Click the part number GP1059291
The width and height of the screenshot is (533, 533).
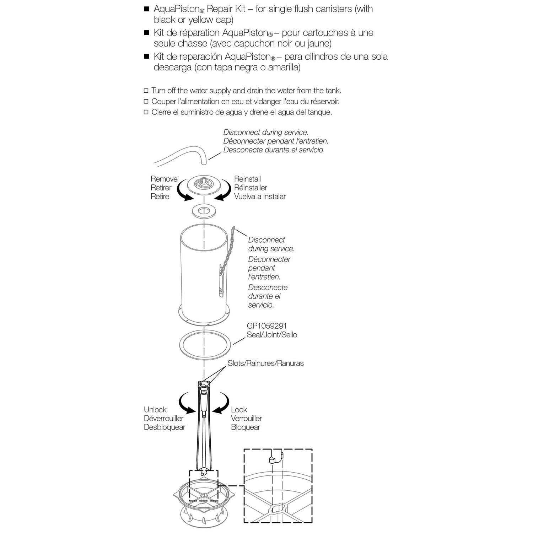(x=266, y=326)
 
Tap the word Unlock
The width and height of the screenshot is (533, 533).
(x=155, y=410)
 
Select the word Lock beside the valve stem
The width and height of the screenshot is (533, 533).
(x=239, y=410)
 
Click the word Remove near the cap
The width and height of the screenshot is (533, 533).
(x=164, y=179)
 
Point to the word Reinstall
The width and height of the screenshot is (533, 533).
(x=247, y=179)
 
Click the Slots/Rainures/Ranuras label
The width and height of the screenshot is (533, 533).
(x=265, y=364)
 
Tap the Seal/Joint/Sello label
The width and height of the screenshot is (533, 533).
(x=272, y=335)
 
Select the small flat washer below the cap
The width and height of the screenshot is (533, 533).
(x=204, y=211)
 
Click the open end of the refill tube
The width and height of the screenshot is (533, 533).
(x=204, y=162)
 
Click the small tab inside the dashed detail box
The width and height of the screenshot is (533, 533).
(x=272, y=460)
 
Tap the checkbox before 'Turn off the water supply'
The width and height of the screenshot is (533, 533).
(x=146, y=91)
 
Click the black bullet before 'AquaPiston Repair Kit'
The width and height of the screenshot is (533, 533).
(x=146, y=9)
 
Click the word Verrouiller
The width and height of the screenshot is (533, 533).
(x=246, y=419)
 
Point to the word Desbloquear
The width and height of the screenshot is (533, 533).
(x=165, y=427)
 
